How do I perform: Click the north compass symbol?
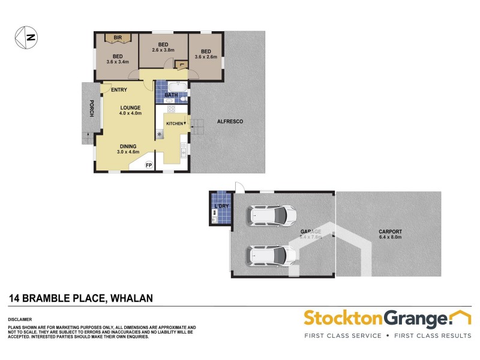pos(26,37)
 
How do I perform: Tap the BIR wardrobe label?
pos(118,38)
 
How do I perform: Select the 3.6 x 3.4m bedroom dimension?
pos(118,62)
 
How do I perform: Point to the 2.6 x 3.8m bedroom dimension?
pos(163,52)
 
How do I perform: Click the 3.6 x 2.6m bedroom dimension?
pos(206,57)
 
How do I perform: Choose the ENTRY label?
pos(119,91)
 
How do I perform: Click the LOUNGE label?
pos(130,108)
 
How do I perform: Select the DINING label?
pos(127,146)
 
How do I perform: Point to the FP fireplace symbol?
pos(149,164)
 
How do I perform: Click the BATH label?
pos(171,95)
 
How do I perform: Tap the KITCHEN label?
pos(175,123)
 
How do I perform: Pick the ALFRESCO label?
pos(230,122)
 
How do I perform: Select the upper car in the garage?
pos(272,215)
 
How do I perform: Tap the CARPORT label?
pos(390,232)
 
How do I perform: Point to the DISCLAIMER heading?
pos(20,319)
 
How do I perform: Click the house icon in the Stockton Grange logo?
pos(461,317)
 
